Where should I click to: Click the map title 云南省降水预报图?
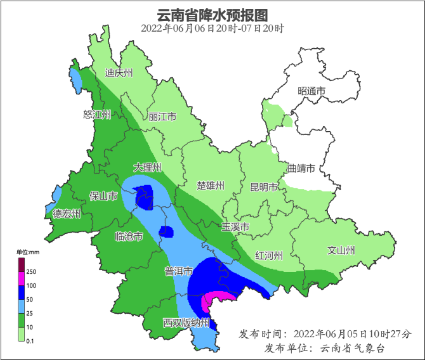click(212, 14)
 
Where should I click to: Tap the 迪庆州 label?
click(119, 73)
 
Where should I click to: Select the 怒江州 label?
click(97, 115)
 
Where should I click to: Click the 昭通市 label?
click(311, 92)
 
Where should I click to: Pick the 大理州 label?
click(148, 168)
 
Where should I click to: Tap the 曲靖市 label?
click(301, 169)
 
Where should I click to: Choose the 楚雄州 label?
click(211, 186)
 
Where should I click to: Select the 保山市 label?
click(103, 196)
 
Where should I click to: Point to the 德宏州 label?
click(67, 214)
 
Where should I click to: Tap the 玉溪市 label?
click(235, 227)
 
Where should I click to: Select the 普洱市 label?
click(178, 271)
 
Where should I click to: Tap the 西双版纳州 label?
click(186, 323)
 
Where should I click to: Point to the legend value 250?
click(30, 272)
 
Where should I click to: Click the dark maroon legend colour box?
click(20, 264)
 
